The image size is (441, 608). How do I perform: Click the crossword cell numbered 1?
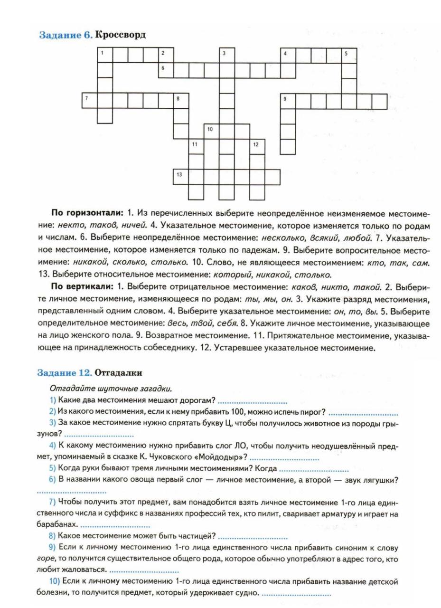(105, 55)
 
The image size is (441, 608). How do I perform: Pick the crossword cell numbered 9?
(288, 101)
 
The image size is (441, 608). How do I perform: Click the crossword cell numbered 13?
(181, 177)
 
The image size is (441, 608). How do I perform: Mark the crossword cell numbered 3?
(226, 55)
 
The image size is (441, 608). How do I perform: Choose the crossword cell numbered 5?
(349, 55)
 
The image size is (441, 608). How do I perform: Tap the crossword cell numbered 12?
(257, 146)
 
